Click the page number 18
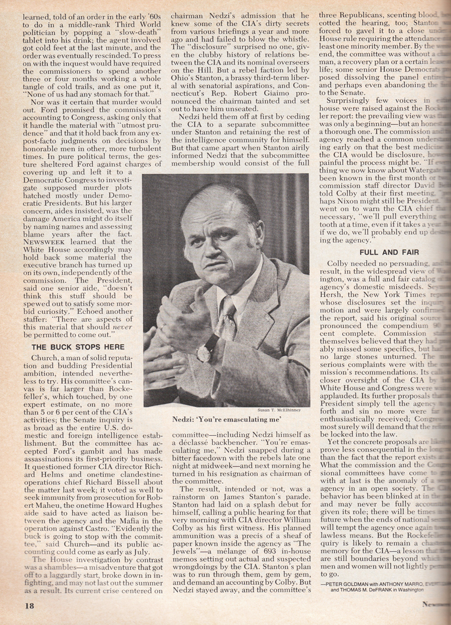click(30, 605)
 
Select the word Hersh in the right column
click(338, 292)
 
